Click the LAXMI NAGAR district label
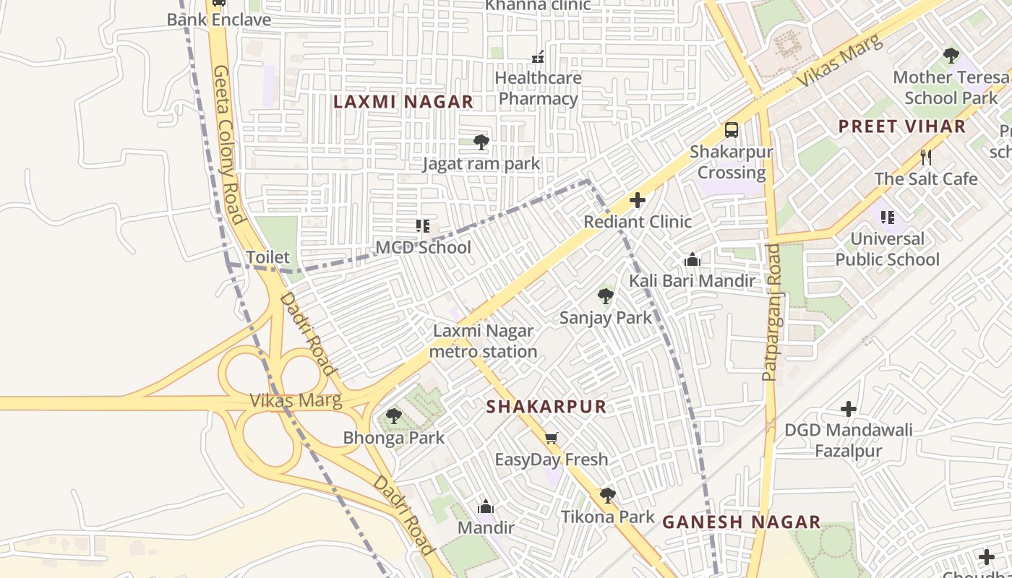point(403,102)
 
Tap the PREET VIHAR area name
point(901,126)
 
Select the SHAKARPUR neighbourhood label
point(546,406)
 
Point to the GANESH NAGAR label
point(741,522)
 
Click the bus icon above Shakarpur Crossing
point(732,130)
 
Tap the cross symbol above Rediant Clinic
point(637,200)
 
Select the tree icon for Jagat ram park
point(481,142)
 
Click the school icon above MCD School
point(423,226)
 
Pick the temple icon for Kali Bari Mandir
point(692,259)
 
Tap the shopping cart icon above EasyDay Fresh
point(552,438)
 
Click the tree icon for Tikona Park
point(607,495)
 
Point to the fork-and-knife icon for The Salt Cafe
point(926,157)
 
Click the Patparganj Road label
point(771,312)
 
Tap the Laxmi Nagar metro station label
point(483,341)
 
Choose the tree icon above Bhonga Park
point(393,416)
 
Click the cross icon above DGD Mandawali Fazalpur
point(849,409)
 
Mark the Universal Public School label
point(887,249)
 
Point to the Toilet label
point(267,257)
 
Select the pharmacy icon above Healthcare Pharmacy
point(538,56)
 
